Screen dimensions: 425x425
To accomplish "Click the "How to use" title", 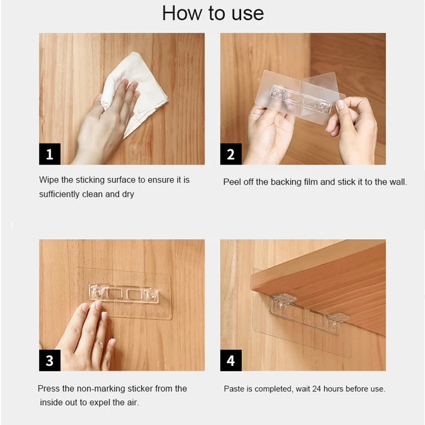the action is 212,13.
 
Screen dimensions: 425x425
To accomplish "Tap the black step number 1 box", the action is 50,154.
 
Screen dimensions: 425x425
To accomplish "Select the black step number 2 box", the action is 231,154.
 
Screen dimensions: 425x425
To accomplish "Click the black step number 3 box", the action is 50,360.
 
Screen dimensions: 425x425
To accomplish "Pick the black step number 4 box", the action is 231,360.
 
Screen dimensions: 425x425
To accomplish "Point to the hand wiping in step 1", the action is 106,125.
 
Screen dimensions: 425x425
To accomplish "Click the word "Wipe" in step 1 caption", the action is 48,180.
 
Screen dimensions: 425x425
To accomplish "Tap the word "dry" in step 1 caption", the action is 128,195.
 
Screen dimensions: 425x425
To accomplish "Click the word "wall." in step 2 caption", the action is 398,182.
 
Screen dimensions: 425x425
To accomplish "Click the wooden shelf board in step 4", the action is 325,285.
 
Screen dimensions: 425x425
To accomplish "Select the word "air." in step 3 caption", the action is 131,402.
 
